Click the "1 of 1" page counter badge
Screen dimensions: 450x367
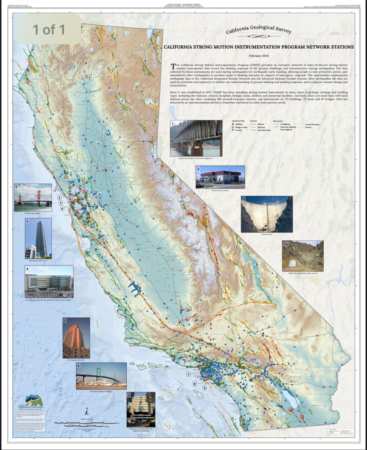[x=49, y=30]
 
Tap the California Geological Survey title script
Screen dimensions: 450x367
[x=258, y=29]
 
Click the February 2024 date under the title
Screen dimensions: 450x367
[x=259, y=56]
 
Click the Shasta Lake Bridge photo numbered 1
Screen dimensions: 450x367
[x=196, y=138]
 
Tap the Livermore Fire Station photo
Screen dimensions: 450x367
[x=220, y=177]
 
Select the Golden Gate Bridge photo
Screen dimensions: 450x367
[x=33, y=197]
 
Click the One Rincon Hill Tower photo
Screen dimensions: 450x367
[x=38, y=238]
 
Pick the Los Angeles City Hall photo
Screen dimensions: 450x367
[x=76, y=338]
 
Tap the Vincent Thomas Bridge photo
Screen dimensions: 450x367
[x=101, y=376]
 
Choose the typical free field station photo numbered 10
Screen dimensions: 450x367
[x=303, y=256]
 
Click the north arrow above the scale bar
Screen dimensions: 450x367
[x=87, y=412]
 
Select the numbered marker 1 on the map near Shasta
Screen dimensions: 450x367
[x=89, y=77]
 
